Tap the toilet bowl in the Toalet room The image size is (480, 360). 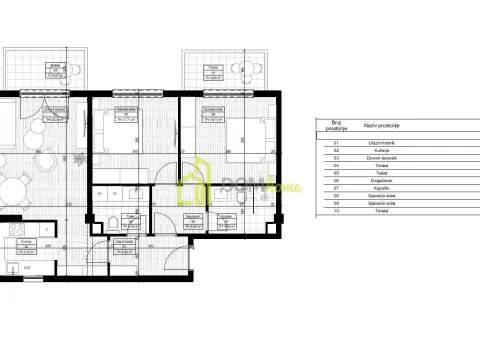(x=116, y=221)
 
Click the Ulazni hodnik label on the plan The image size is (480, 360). (x=125, y=242)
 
